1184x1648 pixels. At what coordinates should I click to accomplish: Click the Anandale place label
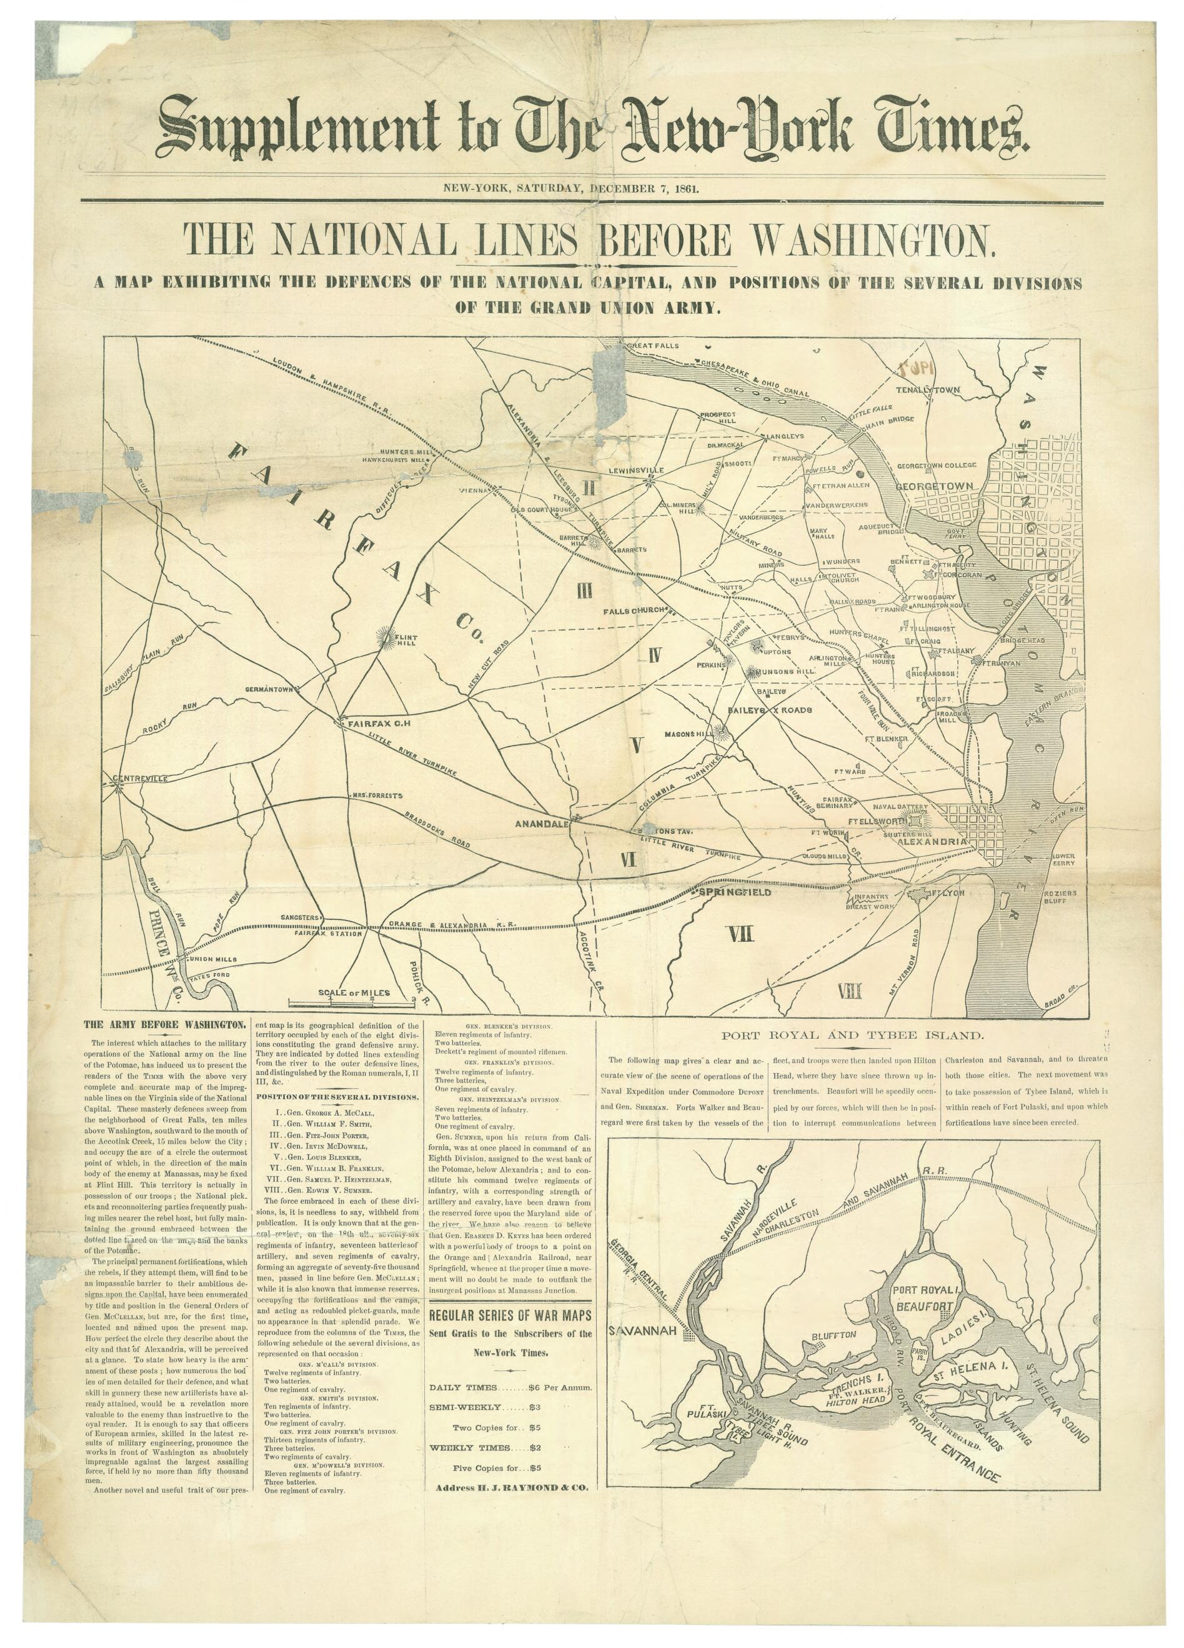point(540,824)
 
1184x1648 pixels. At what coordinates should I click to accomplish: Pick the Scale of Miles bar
point(353,1002)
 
